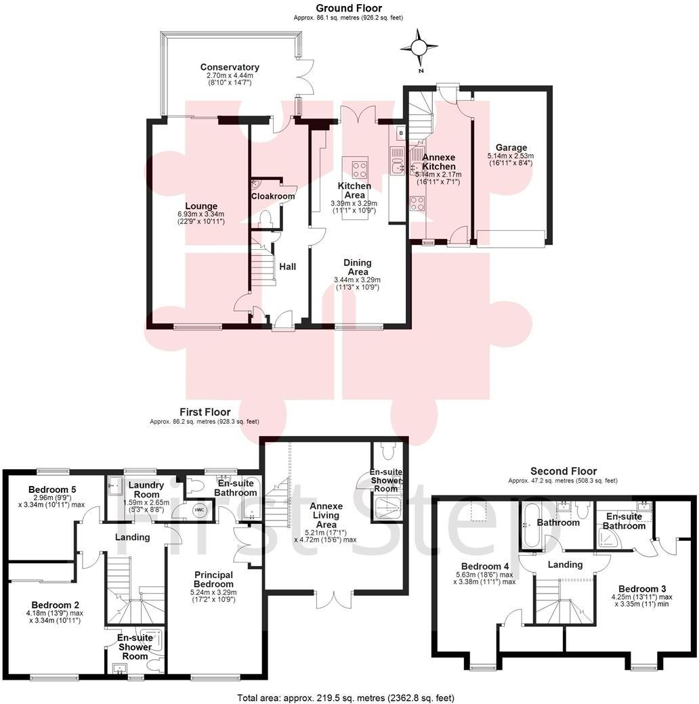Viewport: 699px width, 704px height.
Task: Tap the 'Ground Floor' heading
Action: [349, 8]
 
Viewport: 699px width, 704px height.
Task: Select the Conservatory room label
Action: [230, 67]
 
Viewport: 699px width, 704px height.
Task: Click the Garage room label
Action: [511, 148]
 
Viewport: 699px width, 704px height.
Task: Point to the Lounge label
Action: [202, 206]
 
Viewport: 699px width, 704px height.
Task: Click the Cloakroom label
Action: [273, 196]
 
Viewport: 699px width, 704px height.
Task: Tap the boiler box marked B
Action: [400, 133]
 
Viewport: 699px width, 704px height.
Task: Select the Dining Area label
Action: [357, 267]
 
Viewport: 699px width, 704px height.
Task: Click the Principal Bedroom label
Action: [213, 579]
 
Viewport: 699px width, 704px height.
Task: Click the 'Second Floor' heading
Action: [563, 471]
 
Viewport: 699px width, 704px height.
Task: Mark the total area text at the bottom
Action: [345, 697]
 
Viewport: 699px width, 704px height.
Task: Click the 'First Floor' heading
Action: [205, 412]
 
